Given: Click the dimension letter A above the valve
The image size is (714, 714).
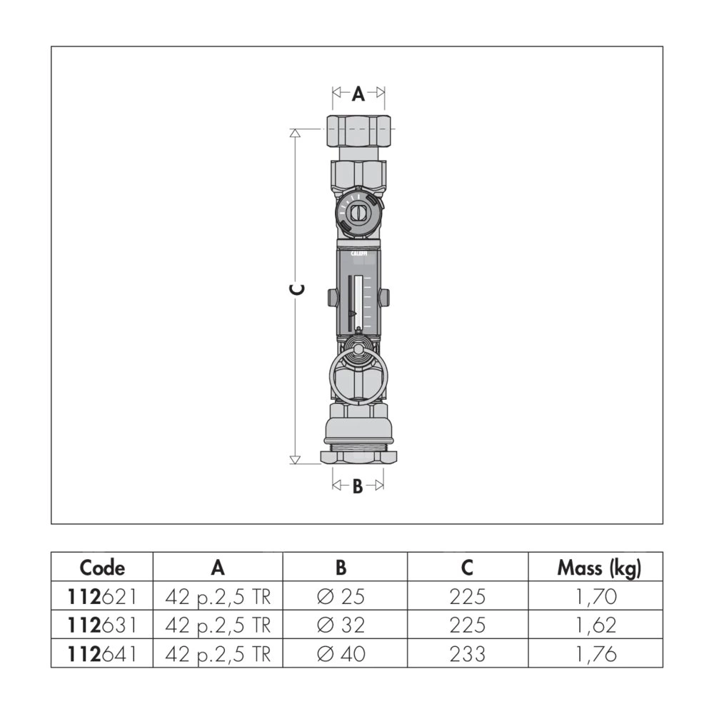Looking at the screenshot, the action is [x=358, y=94].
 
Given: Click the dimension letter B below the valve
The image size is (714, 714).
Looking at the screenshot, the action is [x=358, y=486].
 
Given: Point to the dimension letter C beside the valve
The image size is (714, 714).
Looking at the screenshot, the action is [x=296, y=289].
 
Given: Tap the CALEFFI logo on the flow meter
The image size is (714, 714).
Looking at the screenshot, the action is [x=359, y=253].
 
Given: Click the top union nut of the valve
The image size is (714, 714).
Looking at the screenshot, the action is [x=359, y=130].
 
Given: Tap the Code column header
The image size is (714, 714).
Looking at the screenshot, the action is [x=102, y=568].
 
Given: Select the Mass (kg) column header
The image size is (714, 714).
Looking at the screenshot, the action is [x=599, y=568].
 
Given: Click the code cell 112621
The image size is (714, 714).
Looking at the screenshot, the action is [x=102, y=596].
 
